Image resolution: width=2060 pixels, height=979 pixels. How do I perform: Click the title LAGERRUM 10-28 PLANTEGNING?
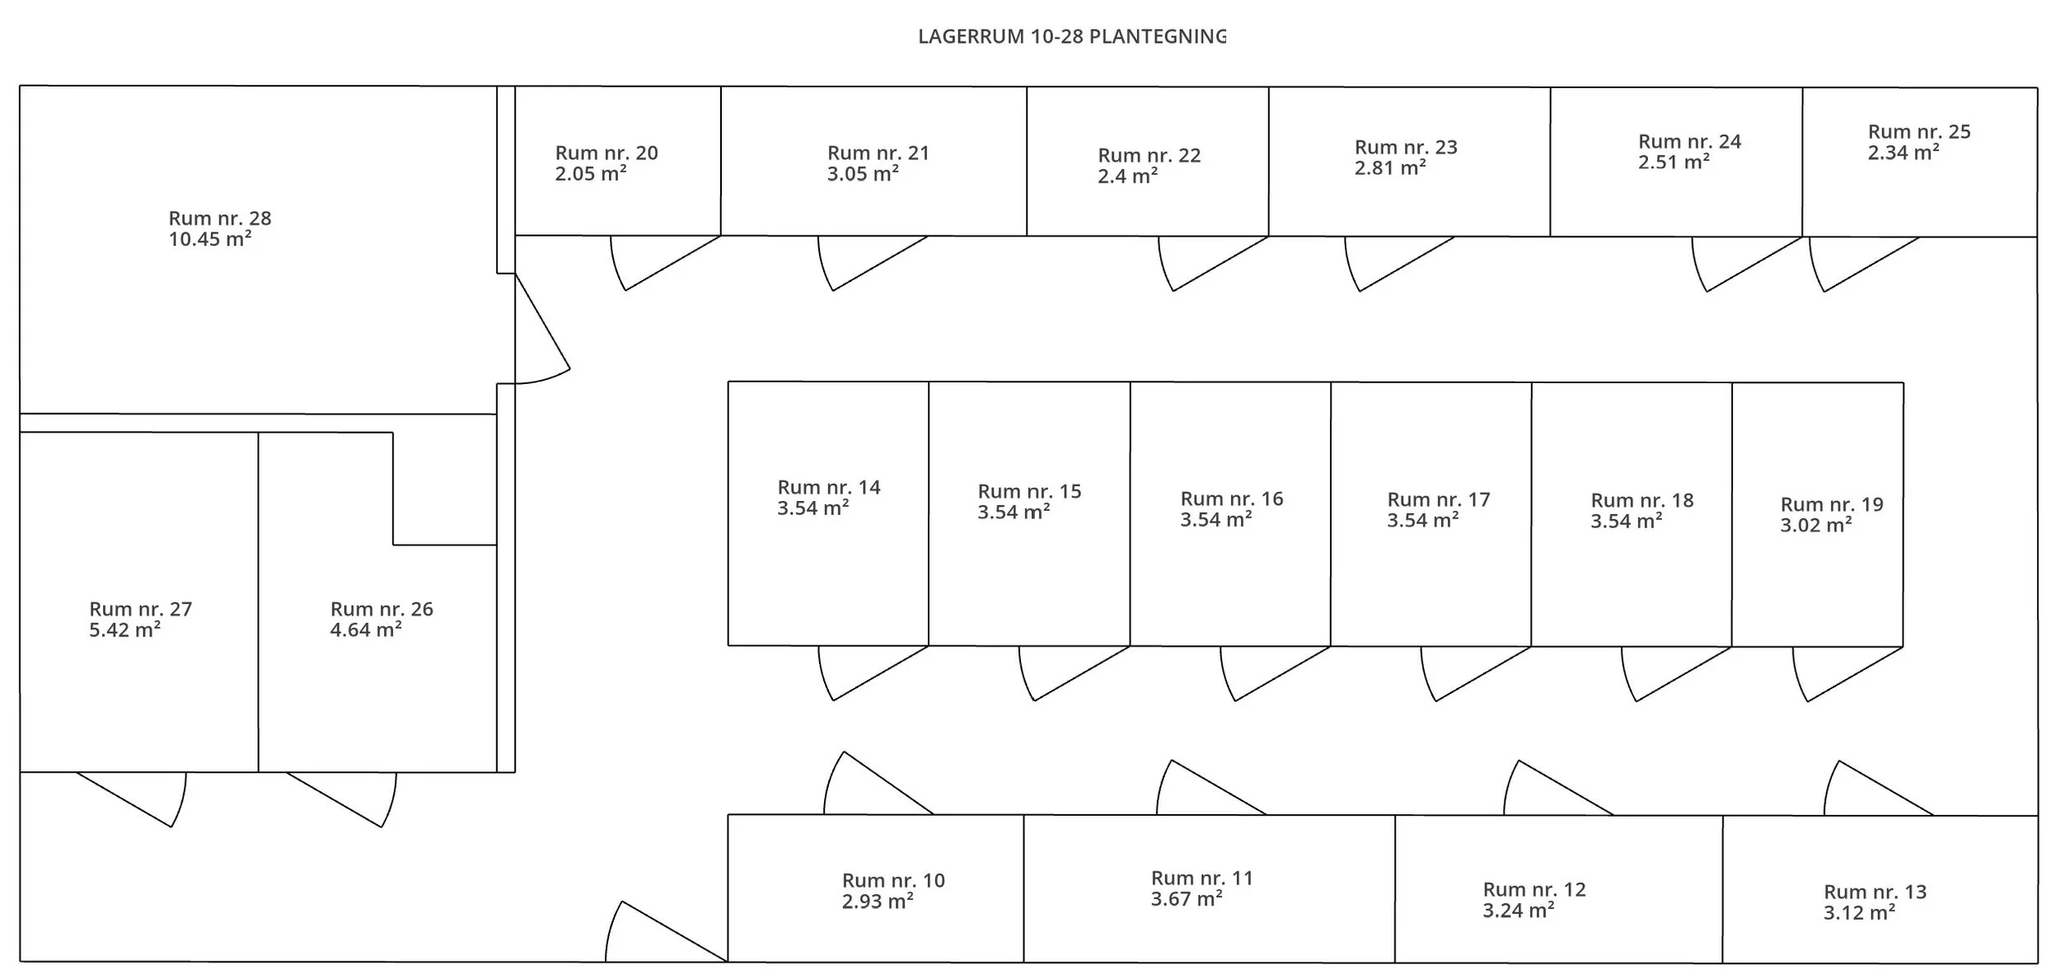pos(1072,37)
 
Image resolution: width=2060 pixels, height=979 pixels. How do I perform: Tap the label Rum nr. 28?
pos(220,218)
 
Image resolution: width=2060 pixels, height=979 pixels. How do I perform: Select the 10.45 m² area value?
pos(210,239)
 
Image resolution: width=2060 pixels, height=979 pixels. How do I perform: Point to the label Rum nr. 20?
pos(606,152)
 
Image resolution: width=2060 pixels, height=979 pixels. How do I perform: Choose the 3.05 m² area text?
pos(863,174)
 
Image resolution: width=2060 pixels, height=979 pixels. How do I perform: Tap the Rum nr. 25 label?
pos(1919,132)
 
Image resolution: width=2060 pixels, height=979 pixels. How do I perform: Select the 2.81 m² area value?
pos(1390,168)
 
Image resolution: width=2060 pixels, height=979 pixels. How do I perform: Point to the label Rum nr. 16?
pos(1232,499)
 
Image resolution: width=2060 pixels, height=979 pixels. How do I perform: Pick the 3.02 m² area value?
pos(1816,526)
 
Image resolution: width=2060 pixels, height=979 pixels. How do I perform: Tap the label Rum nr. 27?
pos(141,609)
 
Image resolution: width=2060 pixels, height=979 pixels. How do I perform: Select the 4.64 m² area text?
pos(366,630)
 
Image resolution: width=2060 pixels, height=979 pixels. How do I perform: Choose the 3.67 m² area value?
pos(1187,899)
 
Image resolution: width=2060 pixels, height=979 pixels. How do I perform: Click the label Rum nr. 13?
pos(1875,892)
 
